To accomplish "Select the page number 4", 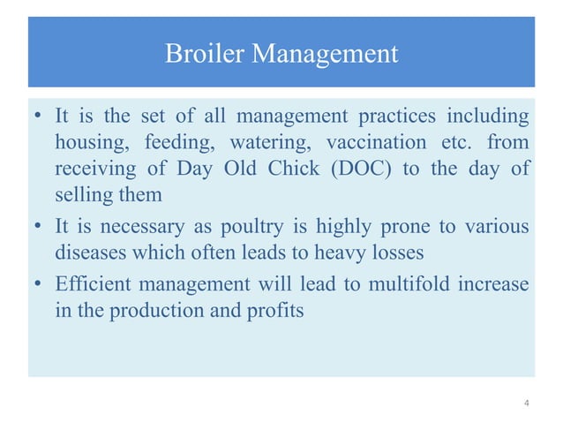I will (x=527, y=403).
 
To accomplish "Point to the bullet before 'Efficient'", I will (x=38, y=286).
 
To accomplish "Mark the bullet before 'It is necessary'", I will (x=38, y=228).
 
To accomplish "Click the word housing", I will (x=87, y=143).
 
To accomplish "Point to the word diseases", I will (x=91, y=253).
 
